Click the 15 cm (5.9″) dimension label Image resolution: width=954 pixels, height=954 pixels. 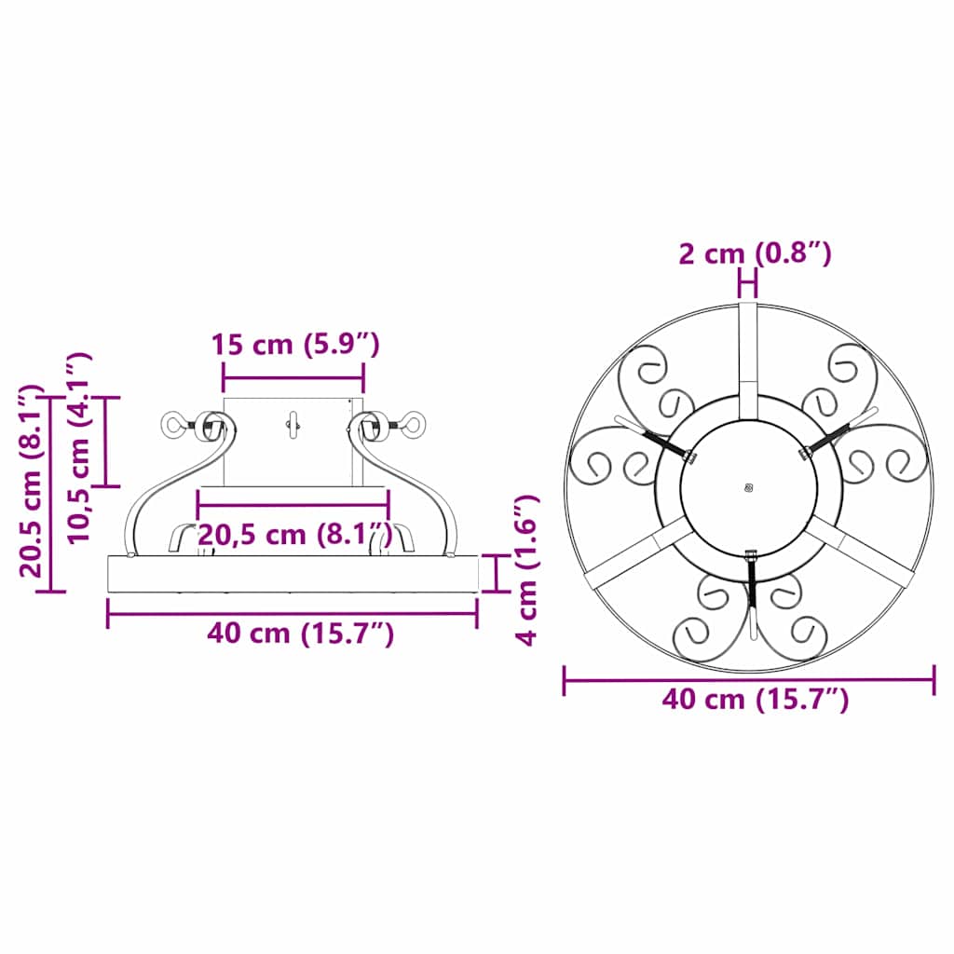(295, 345)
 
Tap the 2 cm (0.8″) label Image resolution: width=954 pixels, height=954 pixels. (755, 253)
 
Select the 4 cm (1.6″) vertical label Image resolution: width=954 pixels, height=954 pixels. (527, 569)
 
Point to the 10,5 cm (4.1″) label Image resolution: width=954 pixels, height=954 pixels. (79, 447)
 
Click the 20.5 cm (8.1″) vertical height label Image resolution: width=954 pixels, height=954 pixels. (32, 481)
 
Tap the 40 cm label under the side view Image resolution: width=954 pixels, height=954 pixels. (301, 634)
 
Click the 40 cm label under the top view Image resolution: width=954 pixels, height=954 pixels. (755, 699)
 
